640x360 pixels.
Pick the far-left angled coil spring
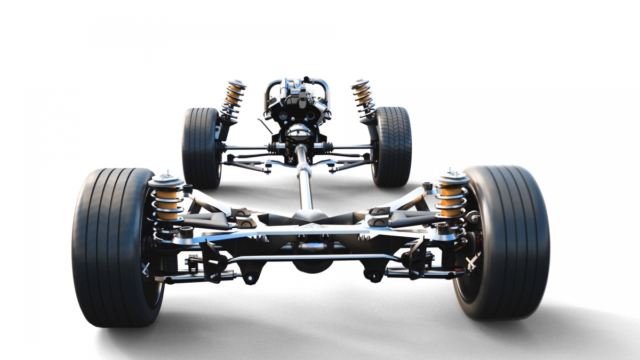(233, 99)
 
